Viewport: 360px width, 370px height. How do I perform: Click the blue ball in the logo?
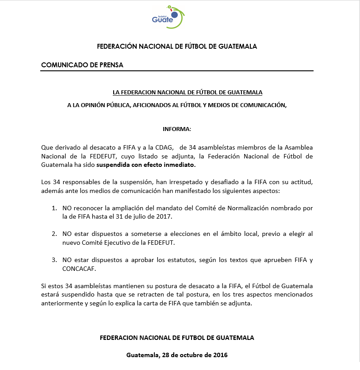174,15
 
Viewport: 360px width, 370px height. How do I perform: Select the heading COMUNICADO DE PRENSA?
82,65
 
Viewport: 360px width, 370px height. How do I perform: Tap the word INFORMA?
177,129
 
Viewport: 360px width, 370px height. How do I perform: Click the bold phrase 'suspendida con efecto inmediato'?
146,165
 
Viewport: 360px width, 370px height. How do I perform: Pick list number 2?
54,233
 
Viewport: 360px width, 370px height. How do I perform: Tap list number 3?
54,260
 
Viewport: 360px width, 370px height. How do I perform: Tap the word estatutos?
186,260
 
